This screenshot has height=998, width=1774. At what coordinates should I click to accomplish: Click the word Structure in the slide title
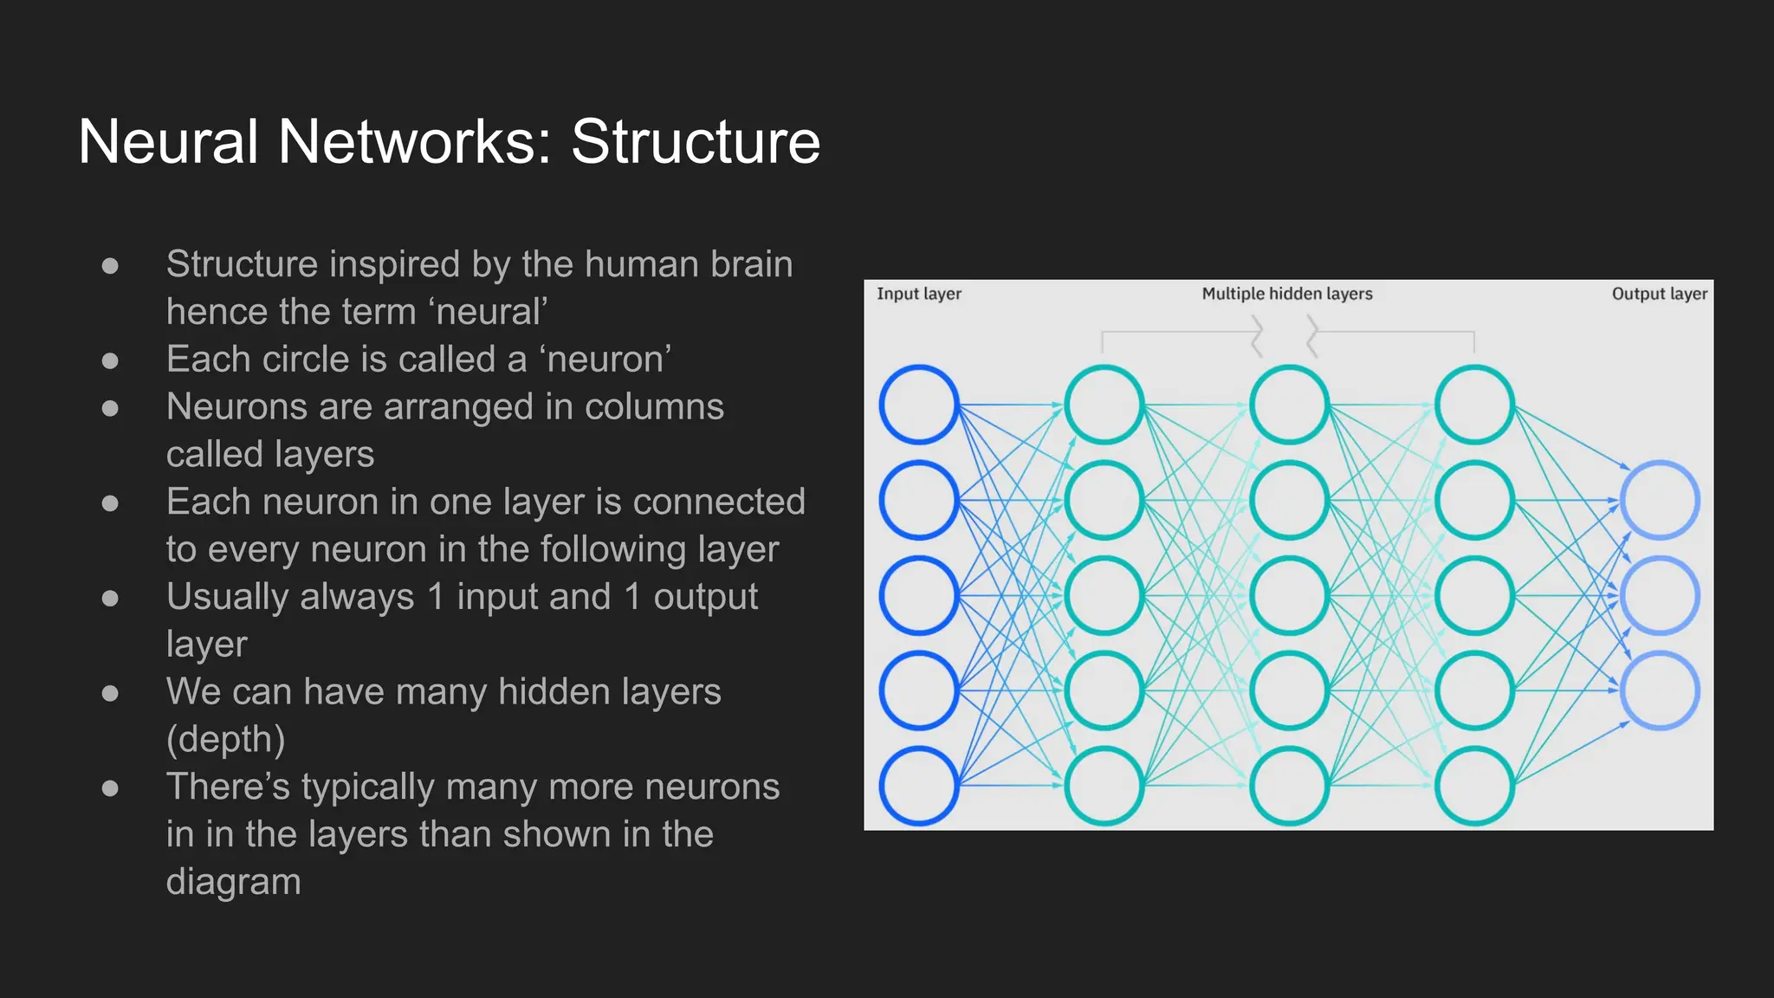point(695,141)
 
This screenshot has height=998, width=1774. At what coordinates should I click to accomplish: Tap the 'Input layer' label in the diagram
point(918,294)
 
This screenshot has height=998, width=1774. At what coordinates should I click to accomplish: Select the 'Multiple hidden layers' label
point(1286,294)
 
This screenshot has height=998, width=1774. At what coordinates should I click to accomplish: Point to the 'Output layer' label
point(1659,294)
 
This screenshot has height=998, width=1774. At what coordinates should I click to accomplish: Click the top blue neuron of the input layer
point(918,405)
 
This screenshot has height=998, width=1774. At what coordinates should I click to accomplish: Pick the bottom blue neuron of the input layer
point(918,786)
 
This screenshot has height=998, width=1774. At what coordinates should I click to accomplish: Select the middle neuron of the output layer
point(1660,595)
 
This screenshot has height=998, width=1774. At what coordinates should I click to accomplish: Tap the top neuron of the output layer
point(1660,500)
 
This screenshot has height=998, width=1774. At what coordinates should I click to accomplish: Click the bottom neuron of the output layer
point(1660,690)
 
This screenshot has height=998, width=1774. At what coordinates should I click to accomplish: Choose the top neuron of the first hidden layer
point(1104,405)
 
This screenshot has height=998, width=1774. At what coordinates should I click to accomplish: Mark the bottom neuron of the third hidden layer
point(1474,786)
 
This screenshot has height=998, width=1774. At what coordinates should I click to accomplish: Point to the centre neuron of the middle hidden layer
point(1289,595)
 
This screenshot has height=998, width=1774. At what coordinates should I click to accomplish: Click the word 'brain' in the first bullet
point(751,264)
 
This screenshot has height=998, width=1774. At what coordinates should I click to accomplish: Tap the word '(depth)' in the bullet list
point(225,739)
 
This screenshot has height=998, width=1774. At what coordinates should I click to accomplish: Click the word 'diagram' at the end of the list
point(233,882)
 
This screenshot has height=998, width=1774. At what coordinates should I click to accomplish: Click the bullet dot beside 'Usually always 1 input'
point(110,598)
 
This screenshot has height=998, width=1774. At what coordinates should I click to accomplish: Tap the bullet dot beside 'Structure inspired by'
point(110,265)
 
